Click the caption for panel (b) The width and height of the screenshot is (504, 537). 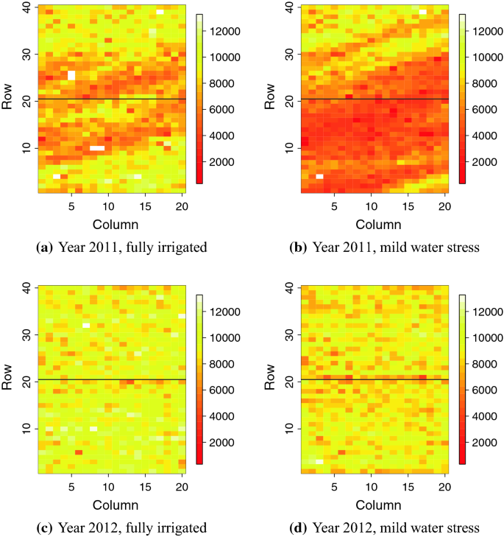pyautogui.click(x=386, y=248)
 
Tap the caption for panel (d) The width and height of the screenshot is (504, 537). pyautogui.click(x=386, y=527)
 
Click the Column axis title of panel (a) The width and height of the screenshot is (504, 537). pyautogui.click(x=109, y=225)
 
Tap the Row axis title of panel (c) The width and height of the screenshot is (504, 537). pyautogui.click(x=9, y=380)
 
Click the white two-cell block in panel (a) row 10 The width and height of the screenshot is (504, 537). pyautogui.click(x=97, y=148)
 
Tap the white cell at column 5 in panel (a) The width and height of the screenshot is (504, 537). pyautogui.click(x=71, y=75)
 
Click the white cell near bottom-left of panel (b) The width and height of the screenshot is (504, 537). pyautogui.click(x=319, y=177)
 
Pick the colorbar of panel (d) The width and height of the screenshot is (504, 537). pyautogui.click(x=462, y=380)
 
